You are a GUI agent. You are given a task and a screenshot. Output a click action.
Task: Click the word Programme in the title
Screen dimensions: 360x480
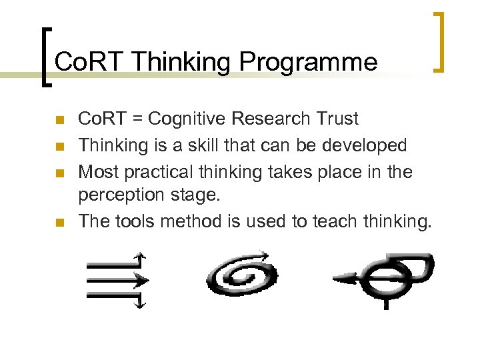click(x=308, y=62)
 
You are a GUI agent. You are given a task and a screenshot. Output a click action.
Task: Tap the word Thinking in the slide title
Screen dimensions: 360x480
click(x=181, y=62)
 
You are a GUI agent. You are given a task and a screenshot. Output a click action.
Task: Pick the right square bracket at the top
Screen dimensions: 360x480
click(x=438, y=41)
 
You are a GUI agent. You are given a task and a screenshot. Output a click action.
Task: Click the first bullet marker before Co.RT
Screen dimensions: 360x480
click(x=60, y=121)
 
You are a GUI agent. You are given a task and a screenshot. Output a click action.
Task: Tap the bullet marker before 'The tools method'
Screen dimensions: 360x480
click(x=60, y=222)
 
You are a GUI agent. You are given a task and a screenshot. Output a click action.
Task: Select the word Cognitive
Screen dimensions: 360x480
click(x=189, y=119)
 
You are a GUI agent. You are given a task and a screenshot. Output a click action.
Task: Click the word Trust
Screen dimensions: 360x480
click(x=337, y=119)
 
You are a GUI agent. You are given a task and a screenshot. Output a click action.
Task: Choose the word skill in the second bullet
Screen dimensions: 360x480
click(x=193, y=145)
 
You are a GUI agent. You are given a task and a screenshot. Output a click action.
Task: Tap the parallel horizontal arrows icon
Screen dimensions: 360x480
click(x=115, y=280)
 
